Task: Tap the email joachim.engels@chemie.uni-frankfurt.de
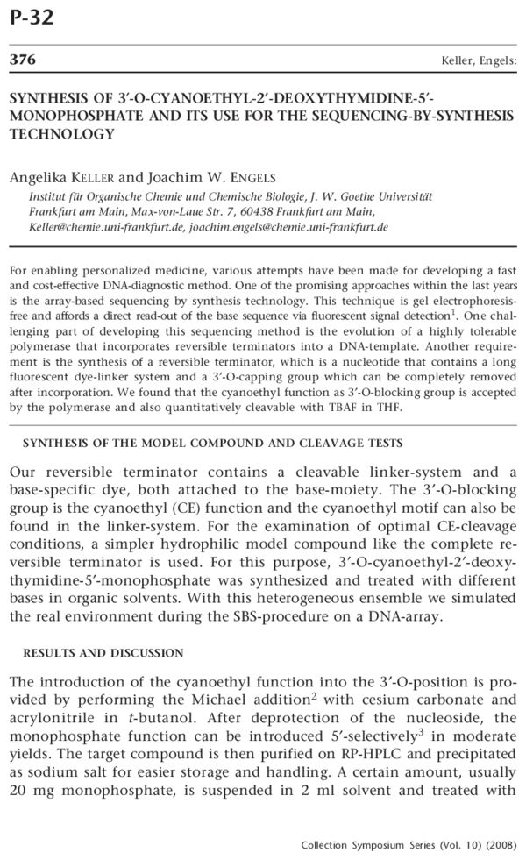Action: click(278, 226)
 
